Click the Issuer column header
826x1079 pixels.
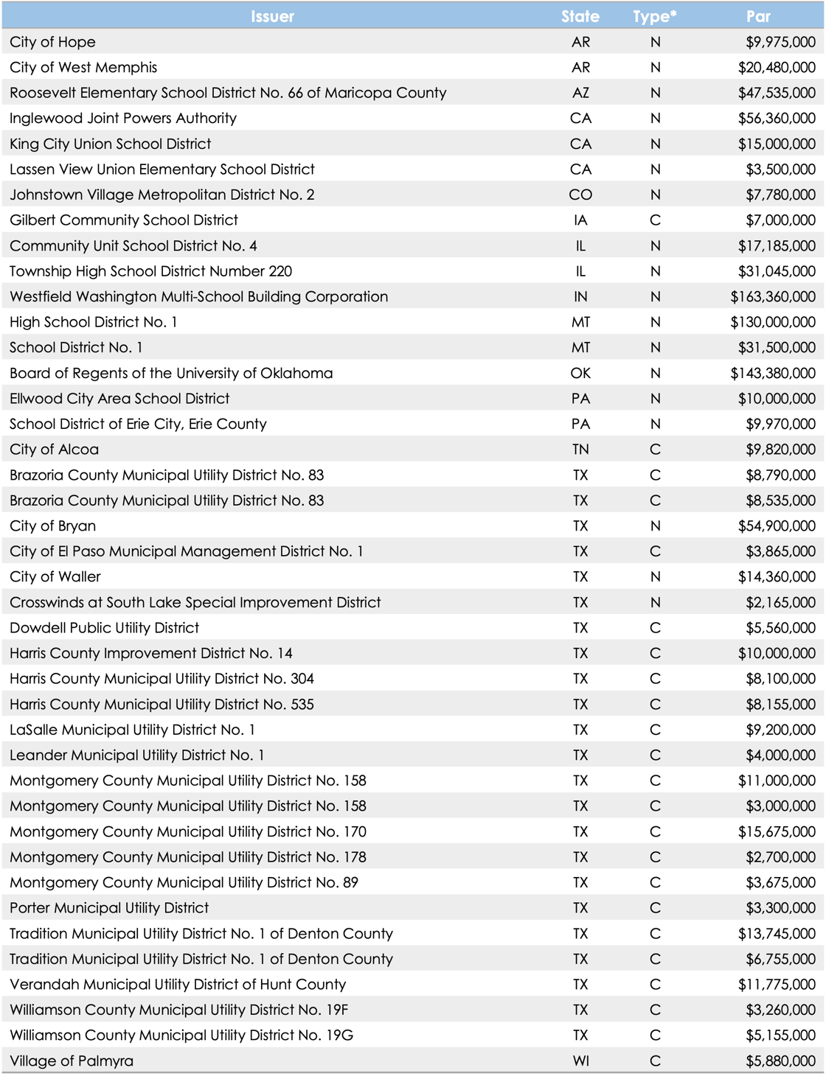(272, 16)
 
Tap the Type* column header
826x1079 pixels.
(654, 16)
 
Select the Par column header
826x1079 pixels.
(757, 16)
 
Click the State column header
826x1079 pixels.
(580, 16)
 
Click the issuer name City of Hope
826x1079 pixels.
(52, 42)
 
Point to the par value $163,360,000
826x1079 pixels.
(773, 297)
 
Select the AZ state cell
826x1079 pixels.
(580, 93)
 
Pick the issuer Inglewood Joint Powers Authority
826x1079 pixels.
(123, 119)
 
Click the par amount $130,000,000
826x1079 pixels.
(773, 322)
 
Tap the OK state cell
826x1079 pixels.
(580, 373)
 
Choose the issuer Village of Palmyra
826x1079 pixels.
(72, 1061)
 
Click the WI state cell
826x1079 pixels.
(580, 1061)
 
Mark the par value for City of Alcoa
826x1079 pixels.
(780, 450)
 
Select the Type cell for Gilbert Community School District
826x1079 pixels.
(655, 220)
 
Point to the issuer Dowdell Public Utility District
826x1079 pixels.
(104, 628)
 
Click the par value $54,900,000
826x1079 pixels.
(777, 526)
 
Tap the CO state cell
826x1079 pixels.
(580, 195)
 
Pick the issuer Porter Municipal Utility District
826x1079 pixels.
(109, 908)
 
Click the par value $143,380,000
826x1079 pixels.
(773, 373)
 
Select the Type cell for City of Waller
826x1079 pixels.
(655, 577)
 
